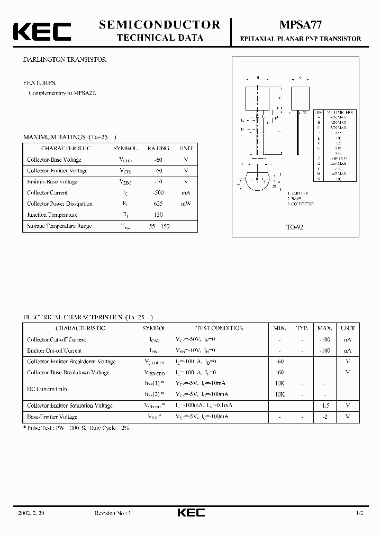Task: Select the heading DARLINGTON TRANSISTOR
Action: tap(65, 60)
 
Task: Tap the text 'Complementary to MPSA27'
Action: tap(62, 93)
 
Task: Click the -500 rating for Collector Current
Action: tap(158, 193)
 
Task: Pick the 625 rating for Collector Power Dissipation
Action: tap(158, 204)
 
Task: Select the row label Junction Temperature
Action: tap(52, 215)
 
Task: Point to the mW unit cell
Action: tap(186, 204)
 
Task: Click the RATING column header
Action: tap(158, 149)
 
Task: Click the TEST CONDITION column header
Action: tap(220, 328)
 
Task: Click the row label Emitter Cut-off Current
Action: tap(55, 350)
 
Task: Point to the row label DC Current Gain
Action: tap(47, 389)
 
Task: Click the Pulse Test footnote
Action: tap(77, 428)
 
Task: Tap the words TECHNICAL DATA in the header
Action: tap(159, 38)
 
